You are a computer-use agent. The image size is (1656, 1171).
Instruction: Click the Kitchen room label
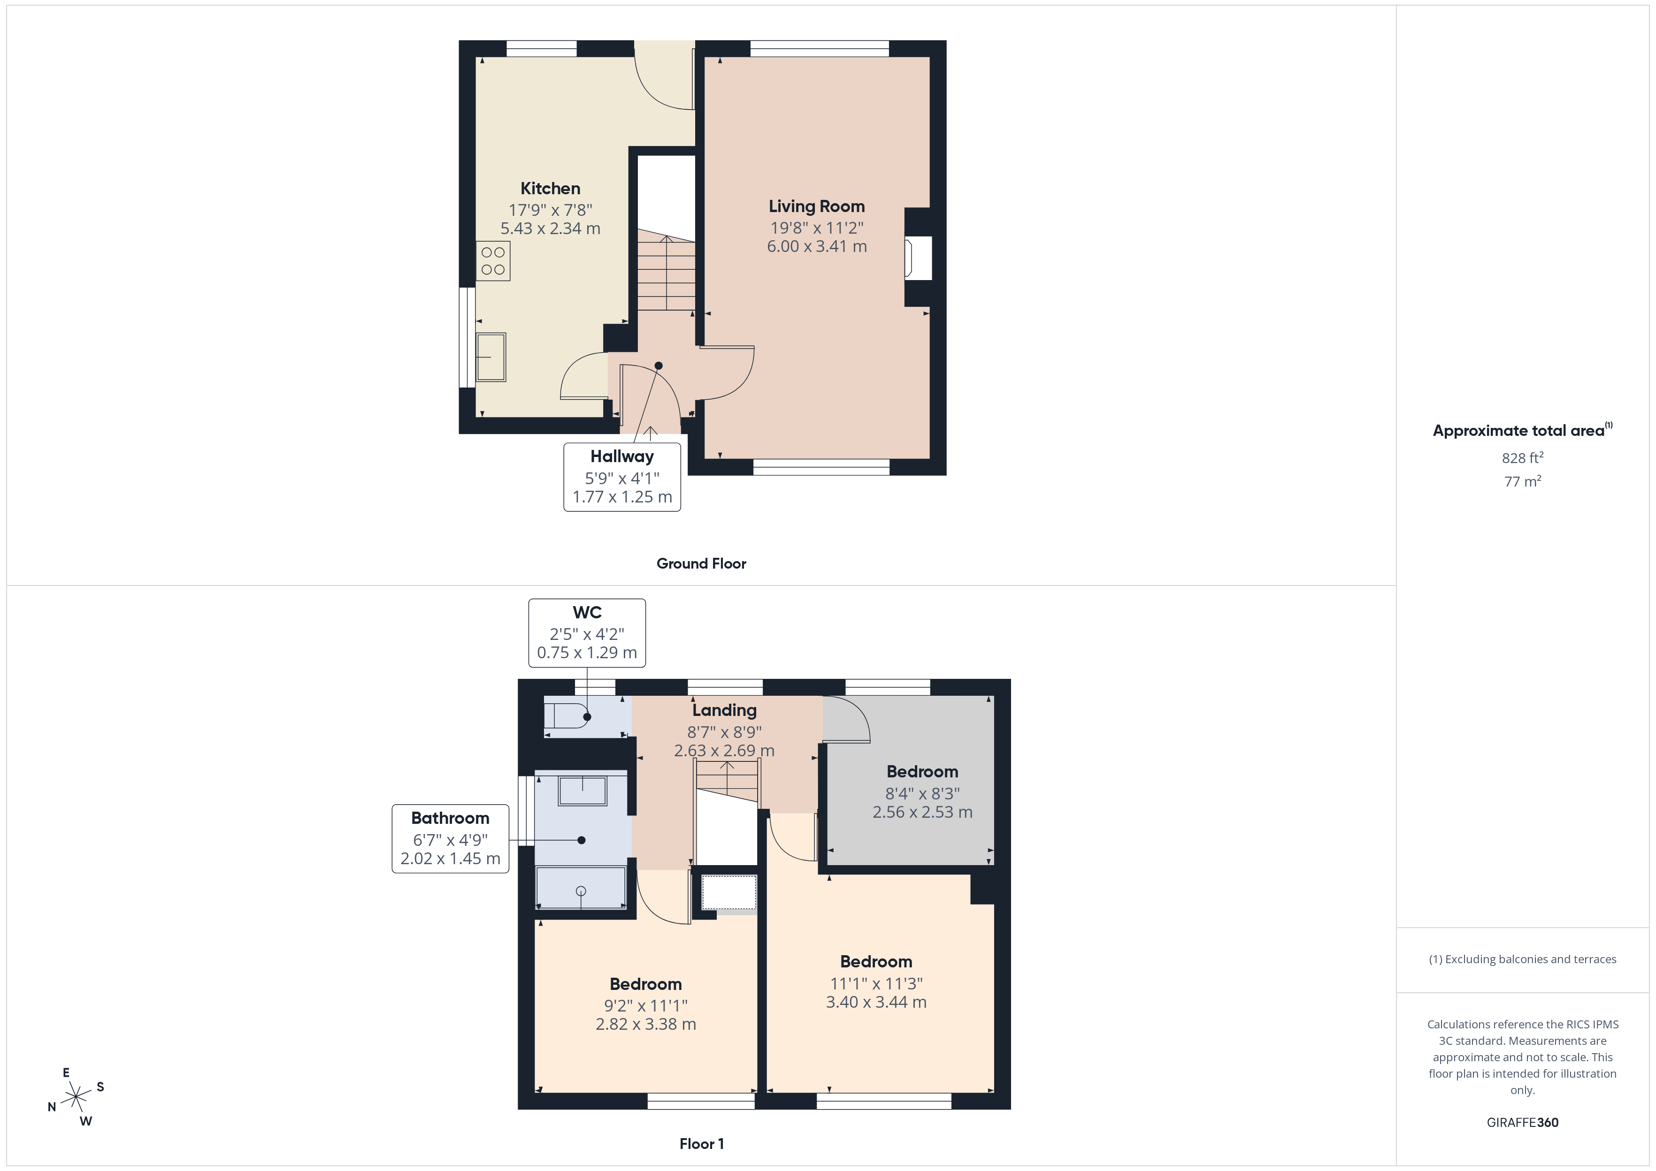(550, 188)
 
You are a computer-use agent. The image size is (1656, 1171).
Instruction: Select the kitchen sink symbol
(491, 356)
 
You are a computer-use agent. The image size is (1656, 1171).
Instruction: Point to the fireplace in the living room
(918, 258)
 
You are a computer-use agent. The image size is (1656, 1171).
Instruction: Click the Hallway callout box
(622, 477)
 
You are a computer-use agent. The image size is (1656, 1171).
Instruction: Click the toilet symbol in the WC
(566, 716)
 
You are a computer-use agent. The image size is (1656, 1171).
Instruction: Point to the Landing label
(724, 710)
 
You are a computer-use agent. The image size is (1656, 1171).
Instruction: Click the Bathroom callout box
(450, 838)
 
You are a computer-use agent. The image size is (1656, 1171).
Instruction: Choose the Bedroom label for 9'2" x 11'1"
(645, 984)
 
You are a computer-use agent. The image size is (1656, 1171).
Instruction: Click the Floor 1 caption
(701, 1144)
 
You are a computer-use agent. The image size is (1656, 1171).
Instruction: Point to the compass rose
(76, 1097)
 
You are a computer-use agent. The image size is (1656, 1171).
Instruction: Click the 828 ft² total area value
(1522, 458)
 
